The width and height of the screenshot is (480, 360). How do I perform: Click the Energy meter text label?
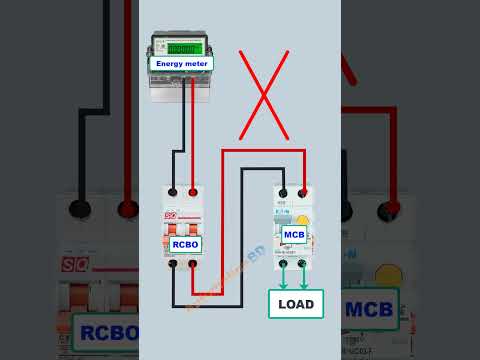[181, 63]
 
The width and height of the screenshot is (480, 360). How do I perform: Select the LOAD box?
[295, 303]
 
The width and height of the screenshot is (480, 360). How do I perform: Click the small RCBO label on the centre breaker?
[185, 244]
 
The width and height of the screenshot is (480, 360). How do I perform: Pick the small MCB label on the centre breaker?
[294, 235]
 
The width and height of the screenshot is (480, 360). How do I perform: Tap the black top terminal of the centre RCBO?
[173, 192]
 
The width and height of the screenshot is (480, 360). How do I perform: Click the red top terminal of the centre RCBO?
[192, 192]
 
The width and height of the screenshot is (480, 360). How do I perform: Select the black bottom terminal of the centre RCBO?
[173, 264]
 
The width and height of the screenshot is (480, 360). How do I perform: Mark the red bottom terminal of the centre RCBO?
[192, 264]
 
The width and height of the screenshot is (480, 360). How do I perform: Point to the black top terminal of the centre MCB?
[283, 193]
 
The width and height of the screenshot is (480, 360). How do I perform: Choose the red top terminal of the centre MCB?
[302, 193]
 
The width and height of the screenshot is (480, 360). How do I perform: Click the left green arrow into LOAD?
[283, 277]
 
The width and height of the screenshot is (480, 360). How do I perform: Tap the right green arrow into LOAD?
[303, 277]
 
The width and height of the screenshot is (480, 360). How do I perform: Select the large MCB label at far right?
[369, 309]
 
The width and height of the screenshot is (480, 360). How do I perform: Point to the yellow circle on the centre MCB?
[303, 222]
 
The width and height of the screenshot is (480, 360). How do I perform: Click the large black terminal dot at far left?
[79, 209]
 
